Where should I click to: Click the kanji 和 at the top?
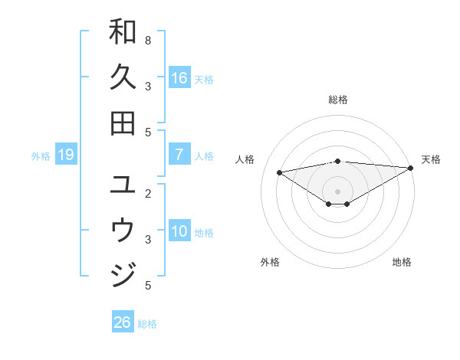(x=123, y=31)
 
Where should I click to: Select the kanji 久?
(x=123, y=77)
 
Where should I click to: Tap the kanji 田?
(x=123, y=123)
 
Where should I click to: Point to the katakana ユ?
(x=123, y=184)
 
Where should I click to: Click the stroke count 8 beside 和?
(x=148, y=40)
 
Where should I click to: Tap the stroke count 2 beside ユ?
(x=148, y=193)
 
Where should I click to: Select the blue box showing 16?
(x=179, y=77)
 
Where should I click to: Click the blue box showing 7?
(x=179, y=155)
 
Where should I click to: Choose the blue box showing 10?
(x=179, y=231)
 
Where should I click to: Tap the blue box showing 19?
(x=65, y=155)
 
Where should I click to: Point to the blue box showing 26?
(x=122, y=322)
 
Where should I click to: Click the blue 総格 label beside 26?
(x=147, y=324)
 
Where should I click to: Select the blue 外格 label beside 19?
(x=41, y=156)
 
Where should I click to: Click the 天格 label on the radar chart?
(x=431, y=159)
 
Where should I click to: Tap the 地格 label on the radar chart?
(x=402, y=262)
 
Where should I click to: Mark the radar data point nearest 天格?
(x=411, y=169)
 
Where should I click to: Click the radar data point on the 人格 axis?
(x=279, y=172)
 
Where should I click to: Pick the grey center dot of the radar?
(x=338, y=191)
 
